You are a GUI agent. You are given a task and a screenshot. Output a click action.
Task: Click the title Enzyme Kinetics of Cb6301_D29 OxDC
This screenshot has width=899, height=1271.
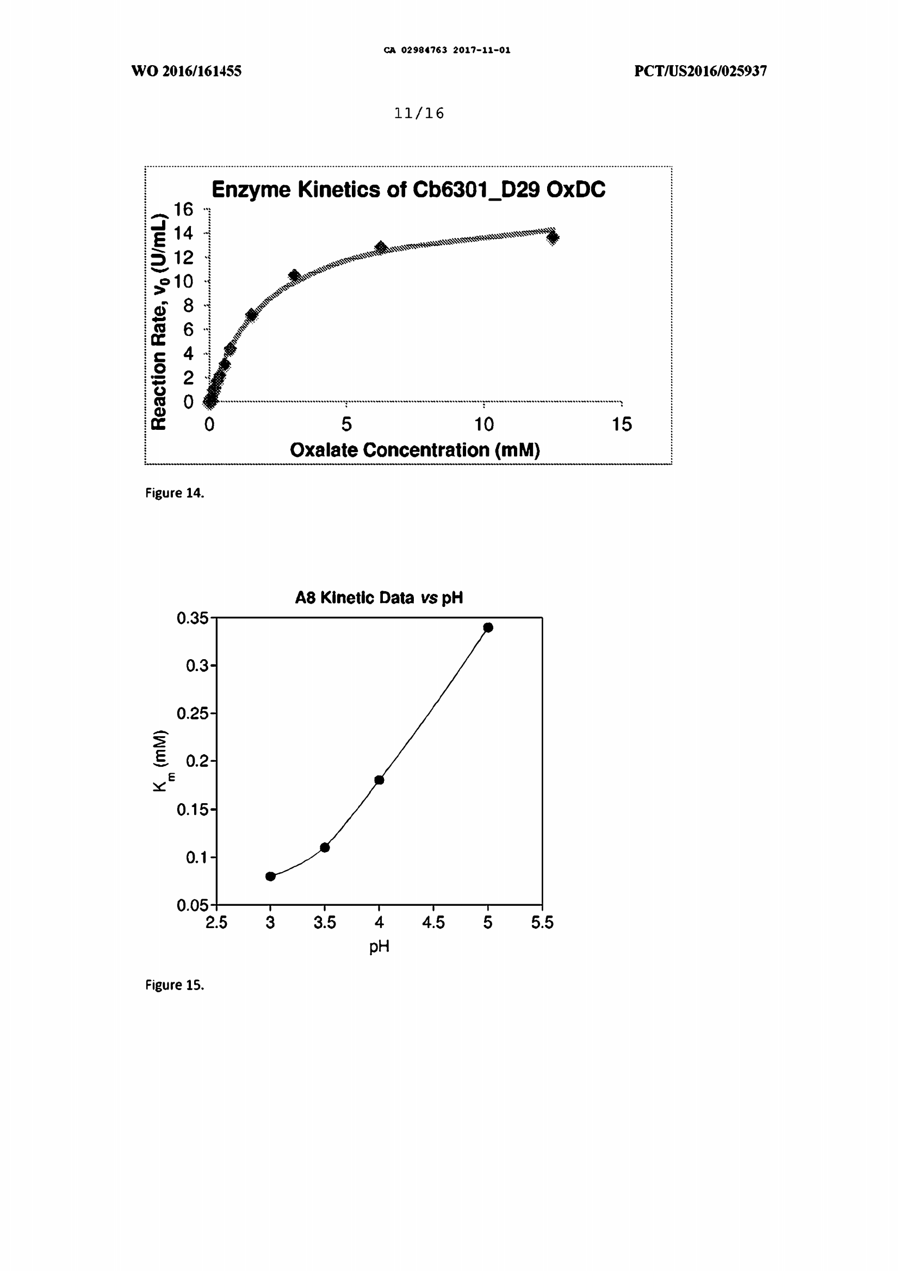(408, 190)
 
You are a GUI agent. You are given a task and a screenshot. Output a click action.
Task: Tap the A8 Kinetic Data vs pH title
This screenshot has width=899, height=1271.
(379, 598)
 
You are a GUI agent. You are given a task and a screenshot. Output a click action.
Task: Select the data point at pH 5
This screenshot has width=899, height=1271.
(488, 627)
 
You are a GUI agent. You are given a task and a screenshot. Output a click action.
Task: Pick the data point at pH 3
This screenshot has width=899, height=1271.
(270, 876)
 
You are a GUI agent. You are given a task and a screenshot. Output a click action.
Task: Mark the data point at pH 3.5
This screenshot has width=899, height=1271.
(325, 847)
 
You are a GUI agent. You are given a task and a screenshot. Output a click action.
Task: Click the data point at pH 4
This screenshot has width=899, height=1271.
(380, 780)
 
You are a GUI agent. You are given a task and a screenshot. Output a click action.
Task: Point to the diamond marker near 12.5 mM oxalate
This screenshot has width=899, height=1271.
(553, 237)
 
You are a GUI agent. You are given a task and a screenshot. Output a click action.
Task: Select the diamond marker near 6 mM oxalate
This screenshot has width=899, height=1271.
(381, 247)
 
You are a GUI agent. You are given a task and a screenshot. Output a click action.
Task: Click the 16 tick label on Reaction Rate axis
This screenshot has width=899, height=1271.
(183, 209)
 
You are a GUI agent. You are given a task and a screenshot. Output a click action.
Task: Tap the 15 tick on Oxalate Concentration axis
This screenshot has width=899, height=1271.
(622, 424)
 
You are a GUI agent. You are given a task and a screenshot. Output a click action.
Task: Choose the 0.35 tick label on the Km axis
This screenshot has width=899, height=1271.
(192, 618)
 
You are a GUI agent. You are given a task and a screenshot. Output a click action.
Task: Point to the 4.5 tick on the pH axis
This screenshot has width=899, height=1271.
(433, 922)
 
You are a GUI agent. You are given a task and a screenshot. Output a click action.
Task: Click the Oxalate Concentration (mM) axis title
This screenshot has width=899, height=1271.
(415, 450)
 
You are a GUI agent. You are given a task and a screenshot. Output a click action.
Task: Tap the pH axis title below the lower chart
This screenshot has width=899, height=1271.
(380, 947)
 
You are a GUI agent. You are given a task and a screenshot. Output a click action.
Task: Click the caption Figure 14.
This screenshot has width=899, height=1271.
(175, 493)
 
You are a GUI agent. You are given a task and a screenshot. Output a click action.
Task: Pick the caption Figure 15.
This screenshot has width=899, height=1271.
(175, 985)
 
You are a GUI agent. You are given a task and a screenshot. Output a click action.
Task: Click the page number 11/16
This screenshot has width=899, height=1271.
(419, 114)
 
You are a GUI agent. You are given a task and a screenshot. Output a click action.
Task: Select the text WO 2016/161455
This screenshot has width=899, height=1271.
(186, 71)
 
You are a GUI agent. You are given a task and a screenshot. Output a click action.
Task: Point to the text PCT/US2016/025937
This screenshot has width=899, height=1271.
(700, 71)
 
